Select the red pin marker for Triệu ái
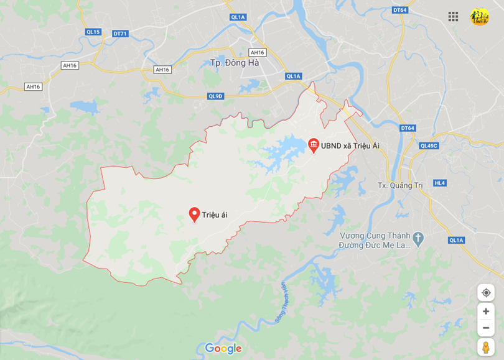coord(194,215)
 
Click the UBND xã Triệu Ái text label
coord(350,146)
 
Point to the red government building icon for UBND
coord(314,145)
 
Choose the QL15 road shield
coord(93,32)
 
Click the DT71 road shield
coord(121,34)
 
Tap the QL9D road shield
coord(215,96)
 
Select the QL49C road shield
coord(429,146)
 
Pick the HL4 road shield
coord(440,183)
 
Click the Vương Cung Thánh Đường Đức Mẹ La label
coord(375,240)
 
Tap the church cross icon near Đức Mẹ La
coord(418,238)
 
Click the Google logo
coord(223,348)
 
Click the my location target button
coord(486,293)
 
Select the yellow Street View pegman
coord(486,347)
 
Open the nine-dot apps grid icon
coord(453,17)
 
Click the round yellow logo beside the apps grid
coord(479,17)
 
